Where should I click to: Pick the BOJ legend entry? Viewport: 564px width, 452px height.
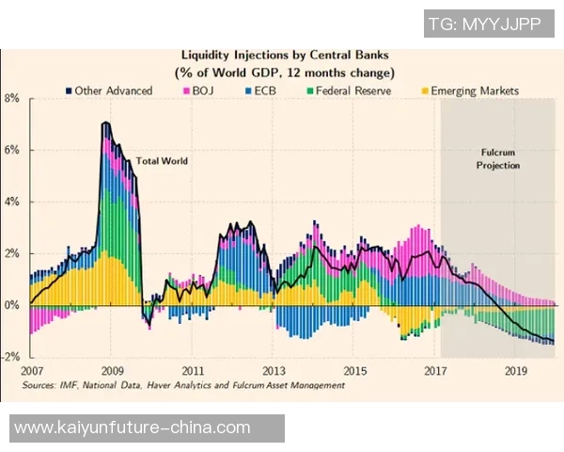click(199, 90)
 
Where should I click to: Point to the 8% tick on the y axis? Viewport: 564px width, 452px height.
click(12, 98)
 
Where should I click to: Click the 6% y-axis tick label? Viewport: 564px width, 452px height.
click(12, 150)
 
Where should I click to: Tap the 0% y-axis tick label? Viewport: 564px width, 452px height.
click(12, 305)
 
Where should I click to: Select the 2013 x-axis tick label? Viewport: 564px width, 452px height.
click(274, 371)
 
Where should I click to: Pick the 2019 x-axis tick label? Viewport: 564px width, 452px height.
click(515, 371)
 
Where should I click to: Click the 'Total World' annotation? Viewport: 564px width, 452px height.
click(162, 161)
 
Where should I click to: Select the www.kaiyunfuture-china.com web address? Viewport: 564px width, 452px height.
click(133, 428)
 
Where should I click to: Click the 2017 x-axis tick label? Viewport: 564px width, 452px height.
click(434, 371)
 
